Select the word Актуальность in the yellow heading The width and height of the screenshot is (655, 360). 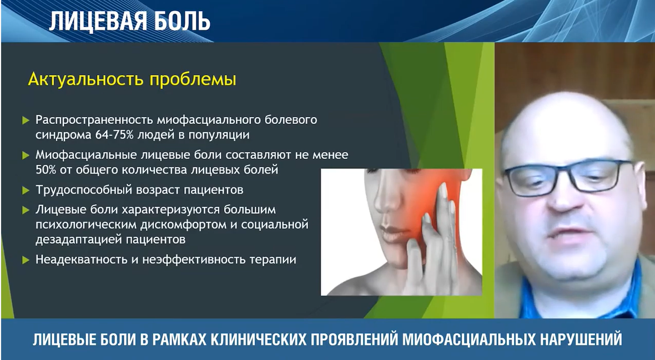(x=86, y=79)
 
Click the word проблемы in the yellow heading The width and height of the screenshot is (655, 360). (x=193, y=80)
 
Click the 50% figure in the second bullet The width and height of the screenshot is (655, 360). (x=45, y=170)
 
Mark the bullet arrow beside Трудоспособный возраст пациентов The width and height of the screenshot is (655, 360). (x=26, y=190)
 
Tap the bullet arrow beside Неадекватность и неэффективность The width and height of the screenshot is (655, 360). (x=26, y=260)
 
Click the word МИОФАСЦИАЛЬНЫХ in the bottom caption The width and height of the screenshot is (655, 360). (x=468, y=339)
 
